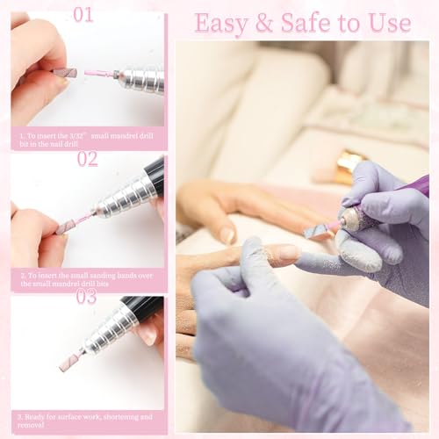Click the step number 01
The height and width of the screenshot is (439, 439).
(x=83, y=14)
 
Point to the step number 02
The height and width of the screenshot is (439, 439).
(x=87, y=159)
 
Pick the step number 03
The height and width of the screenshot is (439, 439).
(x=87, y=296)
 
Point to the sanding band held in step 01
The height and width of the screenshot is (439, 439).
(x=65, y=73)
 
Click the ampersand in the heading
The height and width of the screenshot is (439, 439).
(x=262, y=23)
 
